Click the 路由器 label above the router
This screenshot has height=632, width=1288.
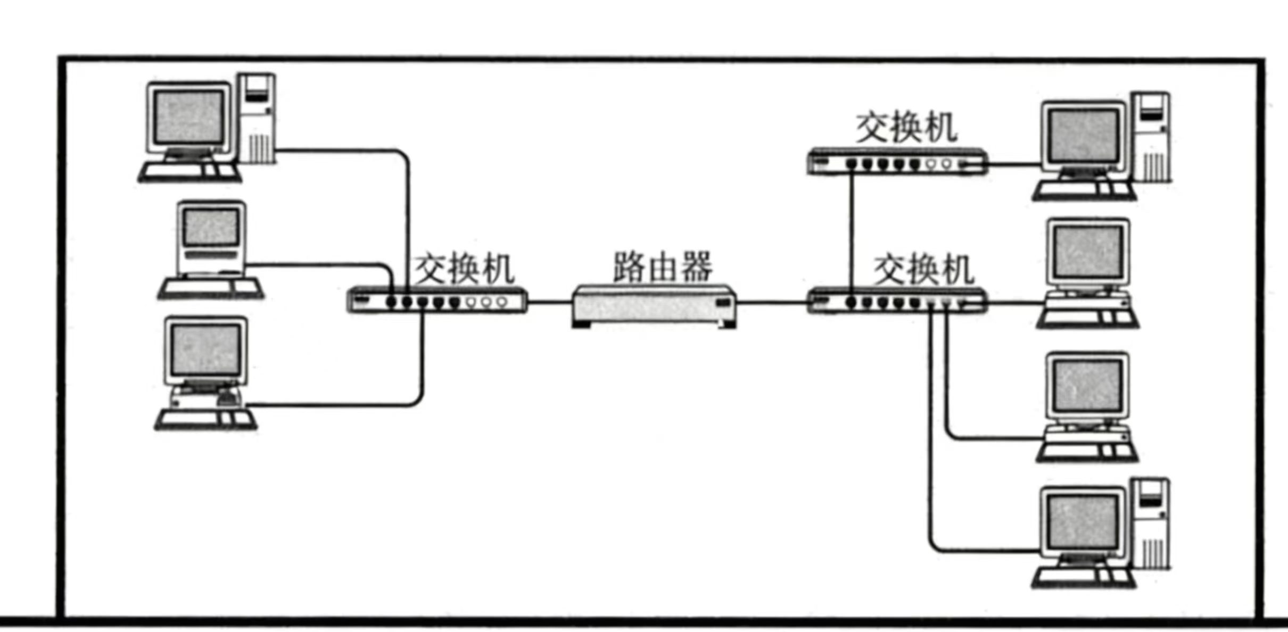click(x=662, y=267)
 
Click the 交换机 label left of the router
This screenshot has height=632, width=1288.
click(x=464, y=269)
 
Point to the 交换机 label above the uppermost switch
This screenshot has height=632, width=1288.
click(x=906, y=128)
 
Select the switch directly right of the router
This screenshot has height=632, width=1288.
click(x=897, y=302)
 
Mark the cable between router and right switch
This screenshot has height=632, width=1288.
click(x=772, y=302)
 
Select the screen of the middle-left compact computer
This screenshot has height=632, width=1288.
click(x=211, y=227)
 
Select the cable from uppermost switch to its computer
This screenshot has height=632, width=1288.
click(x=1014, y=164)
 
